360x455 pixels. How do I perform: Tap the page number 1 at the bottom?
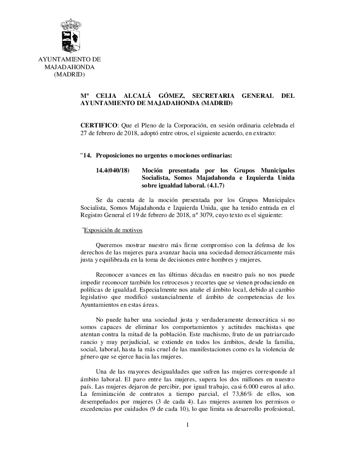point(187,425)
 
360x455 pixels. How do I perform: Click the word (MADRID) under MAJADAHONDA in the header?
point(69,75)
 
